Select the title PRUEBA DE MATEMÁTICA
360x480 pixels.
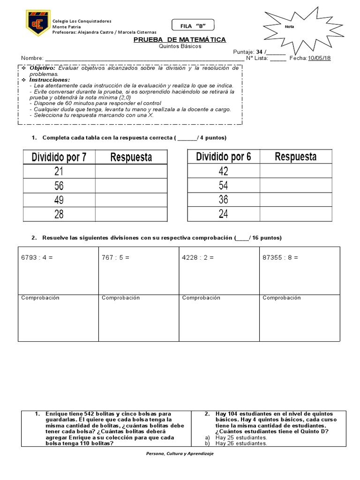coord(180,40)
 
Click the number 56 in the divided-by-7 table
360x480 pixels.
coord(59,186)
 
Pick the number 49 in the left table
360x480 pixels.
coord(59,200)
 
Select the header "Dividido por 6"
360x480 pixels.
coord(223,157)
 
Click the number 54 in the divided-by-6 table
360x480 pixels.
coord(223,186)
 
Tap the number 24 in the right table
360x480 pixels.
coord(223,215)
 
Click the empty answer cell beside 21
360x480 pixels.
coord(131,172)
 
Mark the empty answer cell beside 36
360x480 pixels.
coord(295,200)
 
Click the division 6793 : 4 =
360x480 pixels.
coord(37,257)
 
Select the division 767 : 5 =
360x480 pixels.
coord(115,257)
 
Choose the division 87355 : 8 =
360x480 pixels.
coord(280,257)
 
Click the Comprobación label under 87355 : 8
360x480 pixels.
coord(282,298)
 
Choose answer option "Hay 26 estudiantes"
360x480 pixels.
coord(241,443)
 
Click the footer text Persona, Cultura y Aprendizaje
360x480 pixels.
coord(180,454)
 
